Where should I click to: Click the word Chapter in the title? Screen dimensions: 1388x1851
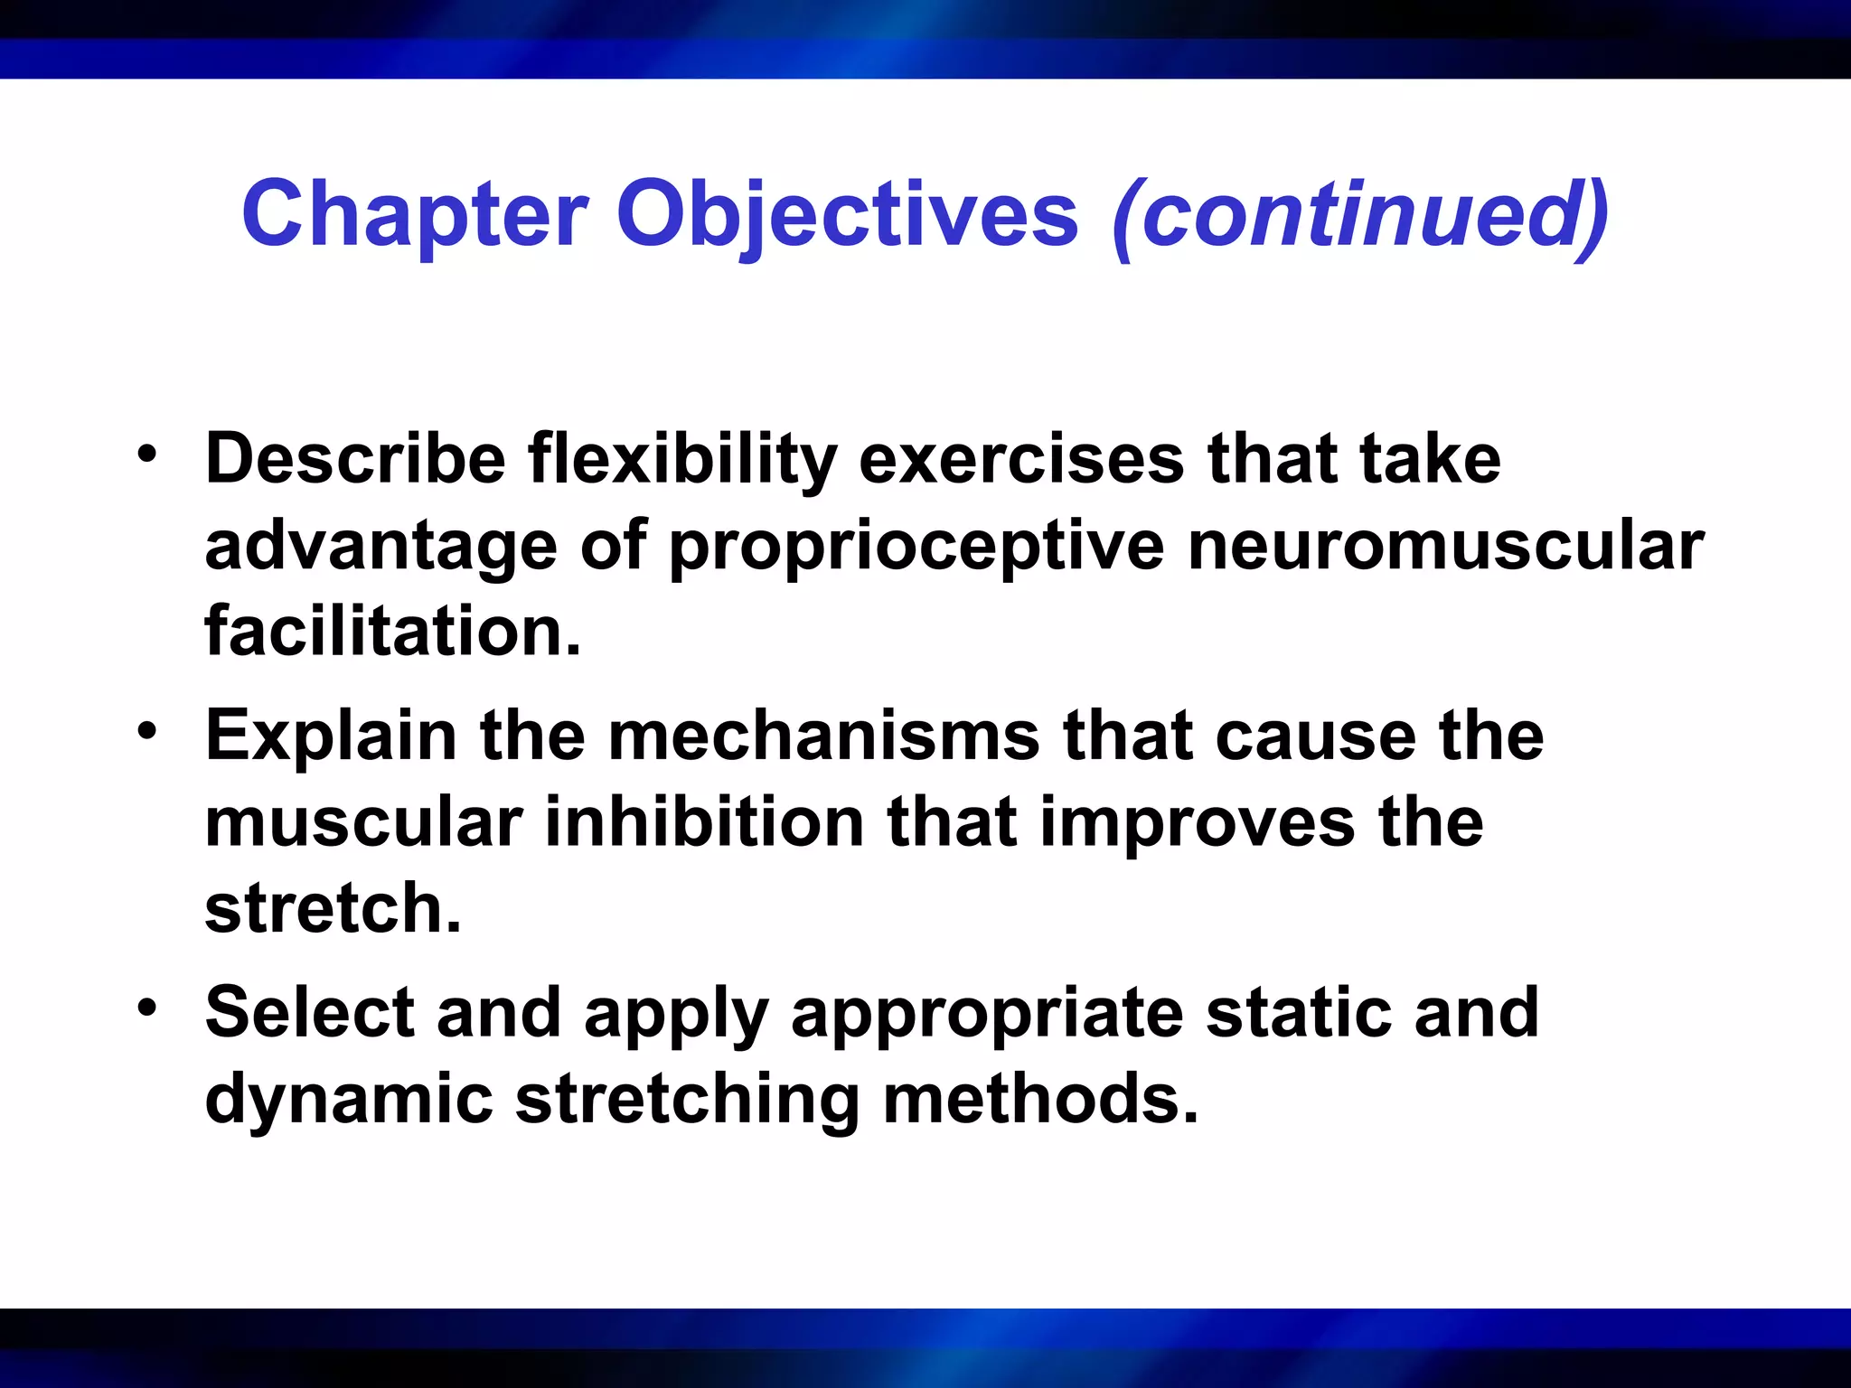[x=415, y=215]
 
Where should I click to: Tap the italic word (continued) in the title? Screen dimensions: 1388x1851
[x=1361, y=215]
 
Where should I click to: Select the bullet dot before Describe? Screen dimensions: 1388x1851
[x=147, y=453]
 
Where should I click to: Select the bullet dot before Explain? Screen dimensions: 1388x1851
[x=147, y=729]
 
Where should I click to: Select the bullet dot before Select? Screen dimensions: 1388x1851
[x=147, y=1006]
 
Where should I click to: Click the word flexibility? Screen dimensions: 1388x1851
[x=682, y=459]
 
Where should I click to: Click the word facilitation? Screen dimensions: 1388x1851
[x=392, y=631]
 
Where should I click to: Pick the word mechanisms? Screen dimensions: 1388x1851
[x=823, y=736]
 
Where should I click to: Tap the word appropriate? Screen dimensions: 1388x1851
[x=986, y=1014]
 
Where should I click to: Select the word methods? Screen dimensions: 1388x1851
[x=1039, y=1099]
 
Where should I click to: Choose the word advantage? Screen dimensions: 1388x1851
[x=381, y=548]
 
